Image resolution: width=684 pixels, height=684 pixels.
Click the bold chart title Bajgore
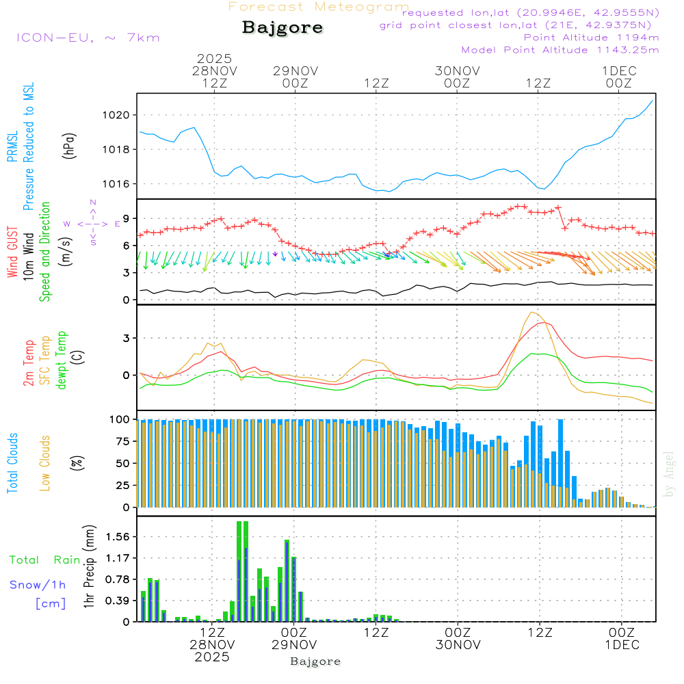click(x=282, y=28)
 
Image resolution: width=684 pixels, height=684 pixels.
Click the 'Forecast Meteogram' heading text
click(x=319, y=7)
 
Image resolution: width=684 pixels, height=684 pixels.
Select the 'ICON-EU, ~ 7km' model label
click(x=88, y=38)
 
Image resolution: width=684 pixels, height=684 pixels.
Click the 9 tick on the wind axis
click(x=127, y=218)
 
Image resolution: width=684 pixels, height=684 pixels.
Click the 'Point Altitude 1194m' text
click(x=591, y=38)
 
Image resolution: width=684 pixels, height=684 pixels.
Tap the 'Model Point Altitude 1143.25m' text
click(x=560, y=50)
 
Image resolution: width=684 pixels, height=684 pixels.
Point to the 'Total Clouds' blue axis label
click(x=12, y=463)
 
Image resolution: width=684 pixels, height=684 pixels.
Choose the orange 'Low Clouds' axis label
click(x=46, y=463)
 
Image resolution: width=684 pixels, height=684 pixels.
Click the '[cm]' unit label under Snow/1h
click(x=51, y=603)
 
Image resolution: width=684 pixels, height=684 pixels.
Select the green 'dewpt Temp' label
click(x=61, y=360)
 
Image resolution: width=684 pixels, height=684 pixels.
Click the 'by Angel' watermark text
click(x=670, y=474)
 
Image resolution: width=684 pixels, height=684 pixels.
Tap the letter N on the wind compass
click(x=93, y=202)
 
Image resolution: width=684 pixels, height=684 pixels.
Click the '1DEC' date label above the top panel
click(x=619, y=70)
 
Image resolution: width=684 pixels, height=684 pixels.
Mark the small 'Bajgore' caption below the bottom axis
click(x=315, y=661)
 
